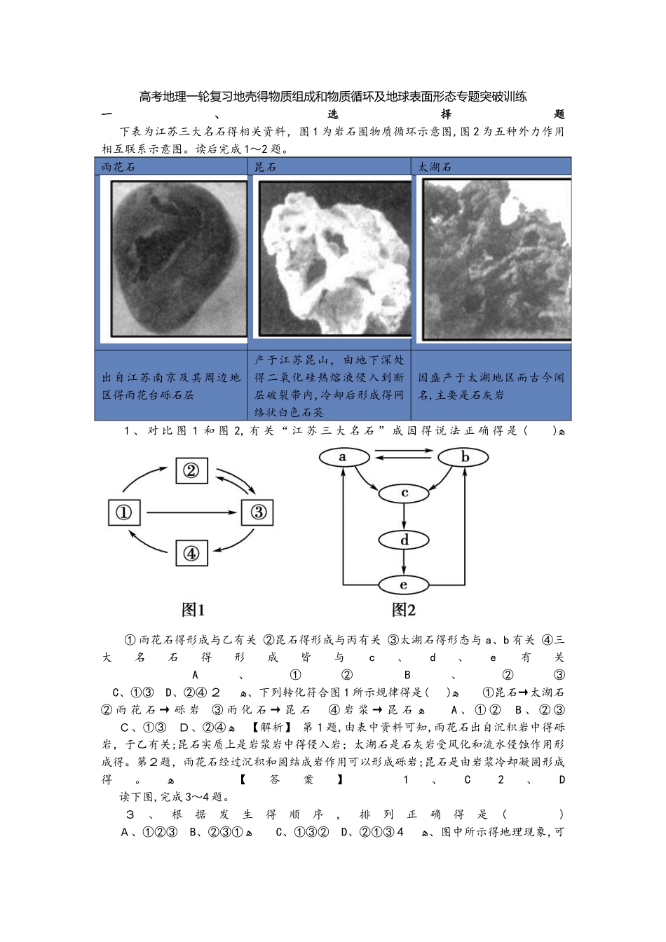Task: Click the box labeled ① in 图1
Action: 124,512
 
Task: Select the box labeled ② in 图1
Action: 191,471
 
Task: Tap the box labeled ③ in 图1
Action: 258,512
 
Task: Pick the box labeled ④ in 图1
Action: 191,554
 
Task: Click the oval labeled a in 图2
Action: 343,457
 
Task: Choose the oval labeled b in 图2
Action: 464,457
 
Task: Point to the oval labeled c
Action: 404,493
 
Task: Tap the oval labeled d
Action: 404,540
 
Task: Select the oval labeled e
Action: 404,585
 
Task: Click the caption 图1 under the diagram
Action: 193,610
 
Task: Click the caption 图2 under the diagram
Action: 404,610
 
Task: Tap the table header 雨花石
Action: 118,167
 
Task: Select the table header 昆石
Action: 265,167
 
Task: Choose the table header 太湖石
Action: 435,167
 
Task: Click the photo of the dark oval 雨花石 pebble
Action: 179,259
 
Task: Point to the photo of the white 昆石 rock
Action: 335,259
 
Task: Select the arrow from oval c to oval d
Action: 404,517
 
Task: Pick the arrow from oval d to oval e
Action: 404,563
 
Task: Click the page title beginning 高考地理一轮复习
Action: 333,97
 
